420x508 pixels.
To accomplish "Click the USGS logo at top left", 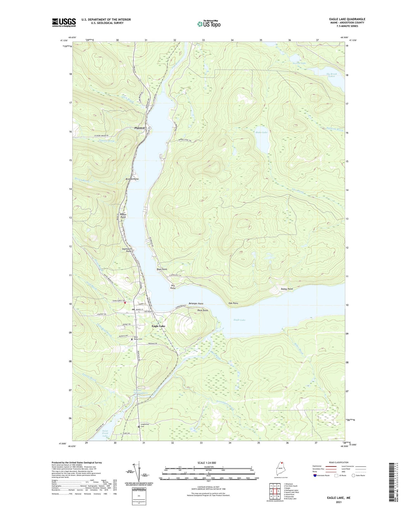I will (64, 22).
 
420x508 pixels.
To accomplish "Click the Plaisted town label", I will (139, 128).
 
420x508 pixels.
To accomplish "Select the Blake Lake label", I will (261, 132).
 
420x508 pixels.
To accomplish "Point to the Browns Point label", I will (132, 179).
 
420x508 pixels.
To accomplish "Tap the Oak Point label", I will (233, 303).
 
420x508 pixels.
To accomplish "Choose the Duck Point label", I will (202, 310).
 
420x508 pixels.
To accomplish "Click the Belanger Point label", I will (196, 303).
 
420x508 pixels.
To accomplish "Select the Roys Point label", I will (162, 269).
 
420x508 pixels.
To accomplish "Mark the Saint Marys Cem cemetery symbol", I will (132, 339).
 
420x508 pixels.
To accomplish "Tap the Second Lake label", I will (299, 63).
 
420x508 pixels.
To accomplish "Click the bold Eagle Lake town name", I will (158, 326).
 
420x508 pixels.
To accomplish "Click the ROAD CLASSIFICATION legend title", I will (339, 462).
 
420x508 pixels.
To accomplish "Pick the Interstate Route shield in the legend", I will (315, 475).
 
